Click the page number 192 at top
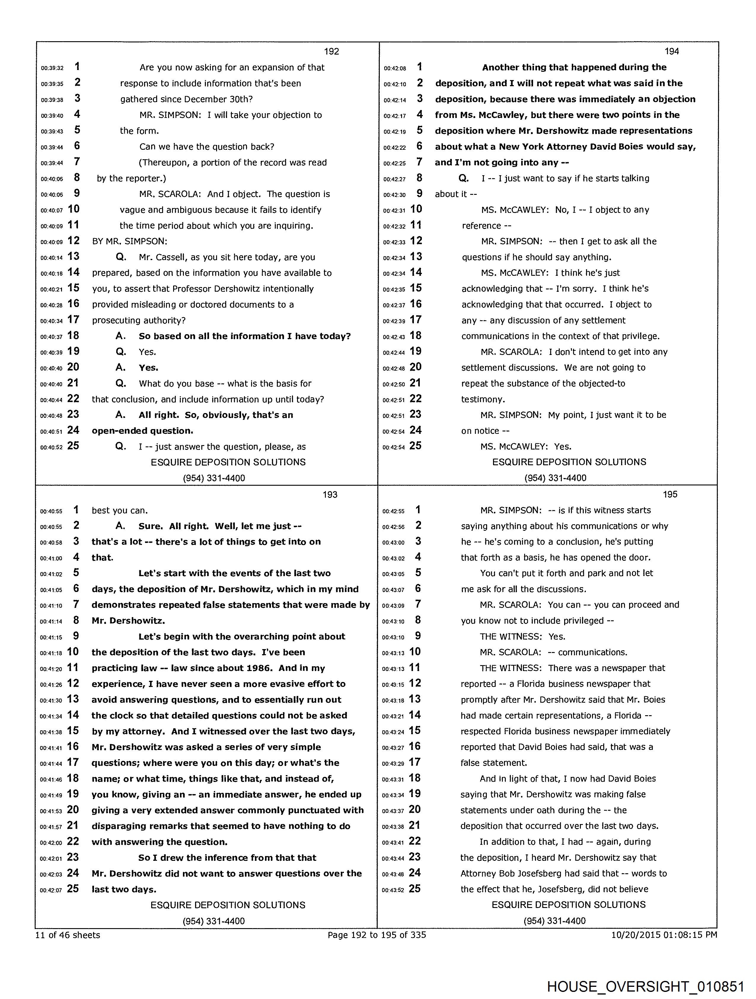click(331, 52)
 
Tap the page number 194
click(672, 52)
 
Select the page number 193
click(330, 495)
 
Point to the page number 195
click(670, 495)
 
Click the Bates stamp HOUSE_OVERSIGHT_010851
click(645, 986)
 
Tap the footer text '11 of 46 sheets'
click(68, 935)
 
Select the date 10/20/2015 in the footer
click(634, 935)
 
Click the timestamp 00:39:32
click(52, 68)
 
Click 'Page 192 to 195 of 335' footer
click(377, 935)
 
